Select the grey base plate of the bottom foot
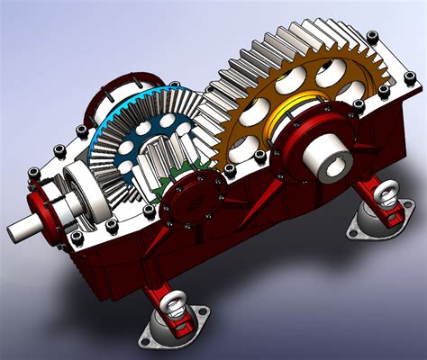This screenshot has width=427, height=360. click(177, 329)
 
